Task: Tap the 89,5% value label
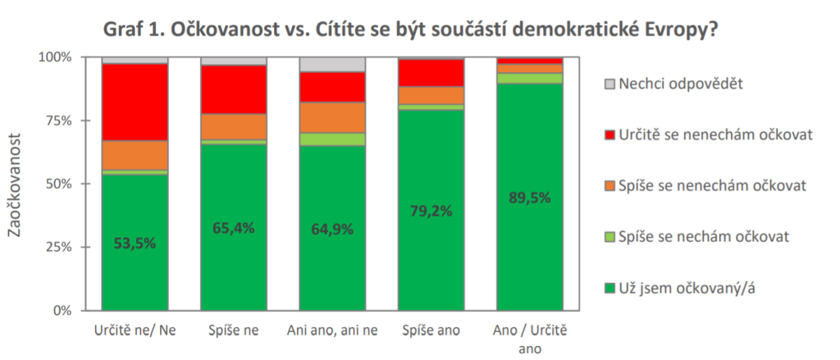(530, 198)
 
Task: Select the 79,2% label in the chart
(431, 212)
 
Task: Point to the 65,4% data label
(234, 228)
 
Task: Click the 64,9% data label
(332, 229)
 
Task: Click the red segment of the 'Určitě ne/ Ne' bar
(135, 102)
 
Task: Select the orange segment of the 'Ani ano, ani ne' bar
(332, 117)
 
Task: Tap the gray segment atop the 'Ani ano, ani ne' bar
(332, 64)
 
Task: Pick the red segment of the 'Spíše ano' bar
(431, 72)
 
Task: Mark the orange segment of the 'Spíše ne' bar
(234, 126)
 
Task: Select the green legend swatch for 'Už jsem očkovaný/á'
(609, 288)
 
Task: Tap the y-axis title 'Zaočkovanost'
(16, 184)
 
